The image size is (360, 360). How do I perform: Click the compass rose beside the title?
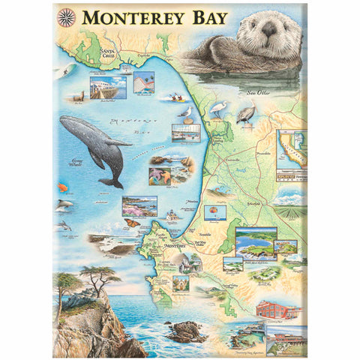[65, 14]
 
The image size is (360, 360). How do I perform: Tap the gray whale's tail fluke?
[112, 181]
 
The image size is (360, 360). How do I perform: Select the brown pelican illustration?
[245, 113]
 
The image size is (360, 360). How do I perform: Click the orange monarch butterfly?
[133, 222]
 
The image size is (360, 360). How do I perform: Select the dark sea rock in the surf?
[185, 331]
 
